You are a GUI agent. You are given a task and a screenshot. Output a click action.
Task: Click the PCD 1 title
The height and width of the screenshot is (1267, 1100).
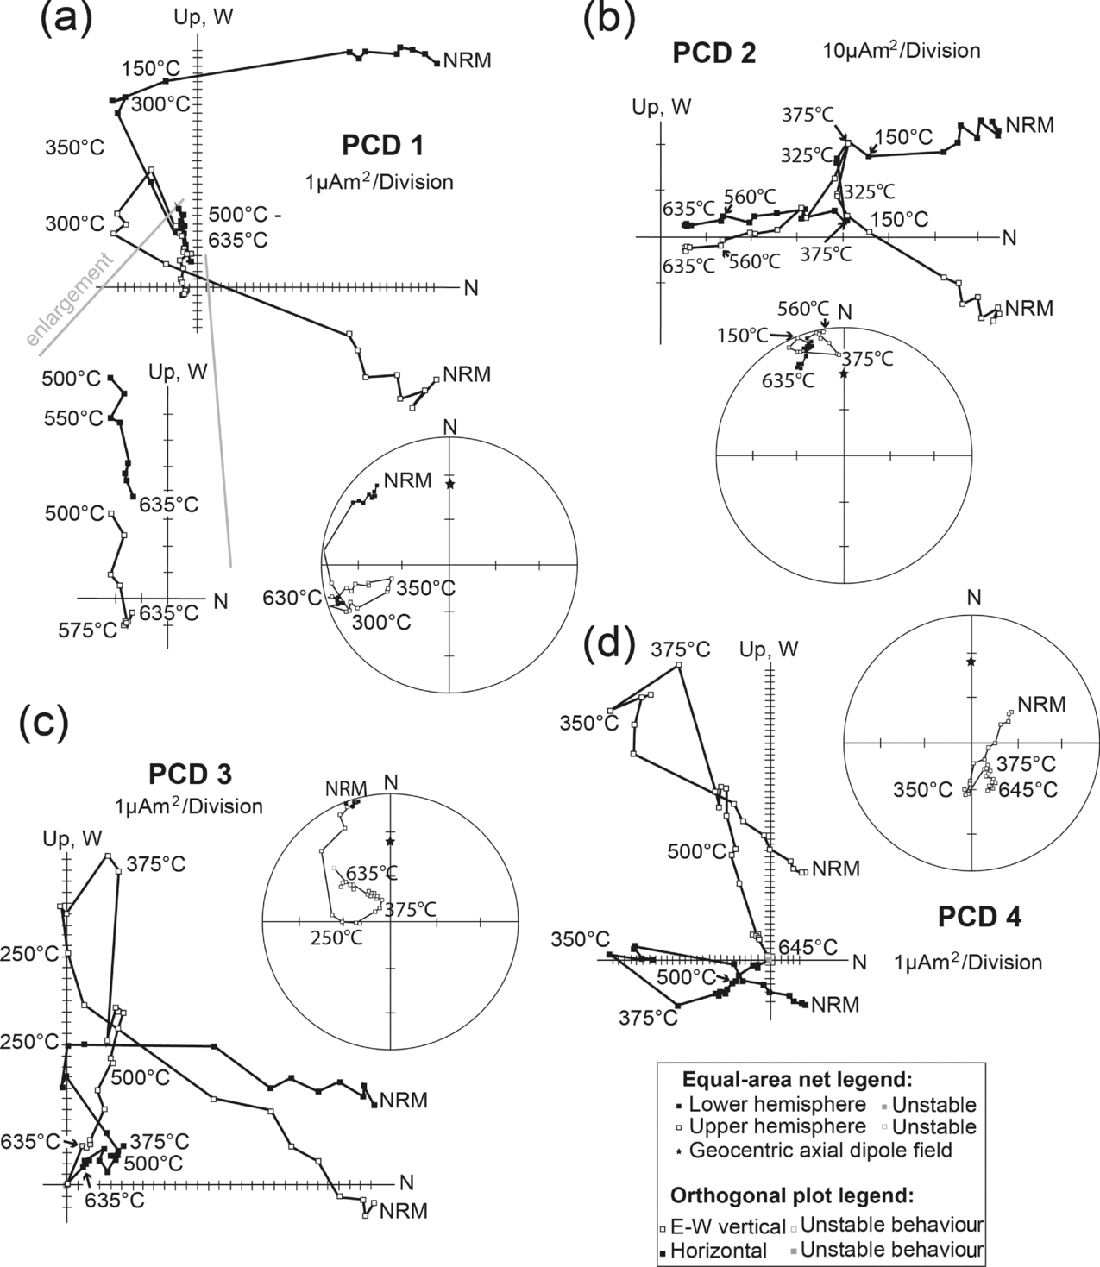point(382,145)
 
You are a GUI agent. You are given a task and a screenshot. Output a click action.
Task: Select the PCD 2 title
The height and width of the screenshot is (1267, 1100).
point(714,53)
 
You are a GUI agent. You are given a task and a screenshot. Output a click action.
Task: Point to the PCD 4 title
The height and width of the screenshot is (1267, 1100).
point(979,918)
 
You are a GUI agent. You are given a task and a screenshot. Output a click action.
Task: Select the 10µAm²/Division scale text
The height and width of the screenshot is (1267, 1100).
point(901,51)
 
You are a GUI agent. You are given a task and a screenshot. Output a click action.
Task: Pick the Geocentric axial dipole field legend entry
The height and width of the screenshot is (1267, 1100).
point(825,1149)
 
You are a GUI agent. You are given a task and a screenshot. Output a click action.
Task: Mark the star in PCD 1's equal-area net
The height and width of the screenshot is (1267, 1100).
point(449,485)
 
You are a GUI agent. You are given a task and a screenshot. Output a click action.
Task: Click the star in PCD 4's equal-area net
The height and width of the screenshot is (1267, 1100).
point(971,662)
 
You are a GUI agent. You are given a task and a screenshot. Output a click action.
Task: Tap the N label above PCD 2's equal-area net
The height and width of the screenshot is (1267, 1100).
point(845,311)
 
